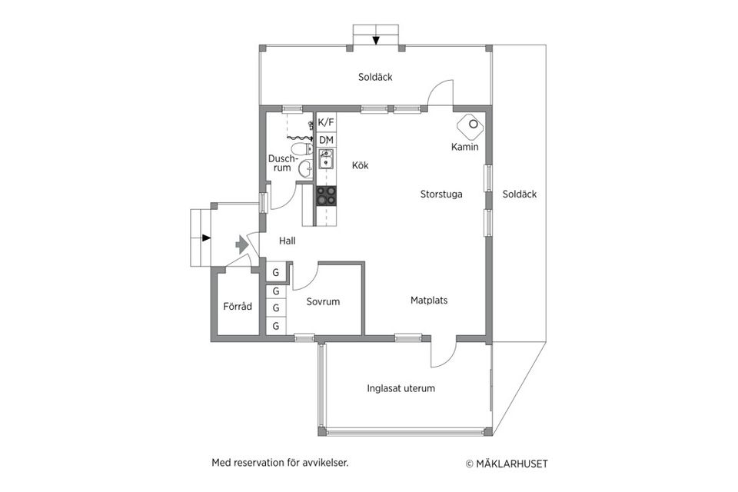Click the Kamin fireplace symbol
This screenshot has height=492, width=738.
pyautogui.click(x=470, y=125)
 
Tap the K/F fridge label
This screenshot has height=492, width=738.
pyautogui.click(x=326, y=122)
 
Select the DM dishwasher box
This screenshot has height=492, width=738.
pyautogui.click(x=326, y=140)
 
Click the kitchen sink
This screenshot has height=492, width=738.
pyautogui.click(x=326, y=158)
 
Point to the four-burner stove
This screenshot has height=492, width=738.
pyautogui.click(x=326, y=195)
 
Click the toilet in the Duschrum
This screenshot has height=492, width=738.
pyautogui.click(x=307, y=149)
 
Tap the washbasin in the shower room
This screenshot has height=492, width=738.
pyautogui.click(x=305, y=169)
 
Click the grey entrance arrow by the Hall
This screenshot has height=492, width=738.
pyautogui.click(x=242, y=244)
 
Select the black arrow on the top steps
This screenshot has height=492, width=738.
pyautogui.click(x=376, y=41)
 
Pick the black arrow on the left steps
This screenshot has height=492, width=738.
pyautogui.click(x=206, y=238)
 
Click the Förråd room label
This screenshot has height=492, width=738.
pyautogui.click(x=238, y=307)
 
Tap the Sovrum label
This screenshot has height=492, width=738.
pyautogui.click(x=323, y=301)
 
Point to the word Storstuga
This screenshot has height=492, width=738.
pyautogui.click(x=441, y=194)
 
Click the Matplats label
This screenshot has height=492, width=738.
pyautogui.click(x=429, y=300)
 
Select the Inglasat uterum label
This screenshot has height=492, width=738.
pyautogui.click(x=401, y=388)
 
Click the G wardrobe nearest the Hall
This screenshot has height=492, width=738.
pyautogui.click(x=276, y=273)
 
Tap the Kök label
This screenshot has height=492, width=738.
pyautogui.click(x=360, y=165)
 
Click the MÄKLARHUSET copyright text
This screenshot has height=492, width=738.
pyautogui.click(x=507, y=464)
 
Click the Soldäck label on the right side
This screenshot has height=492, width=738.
pyautogui.click(x=519, y=194)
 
